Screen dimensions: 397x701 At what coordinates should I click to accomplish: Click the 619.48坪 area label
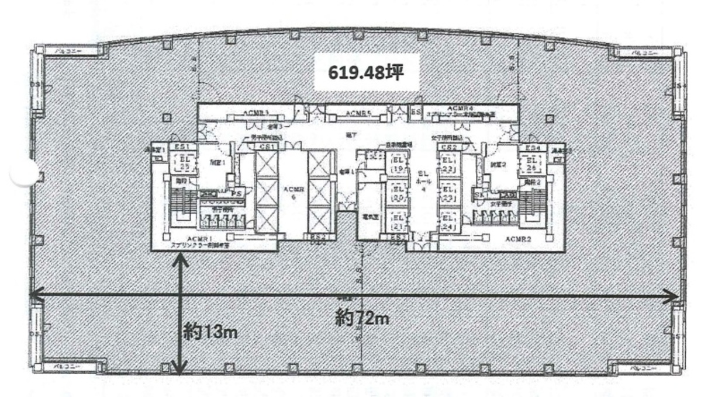(366, 72)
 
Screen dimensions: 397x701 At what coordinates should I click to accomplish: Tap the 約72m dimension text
(362, 319)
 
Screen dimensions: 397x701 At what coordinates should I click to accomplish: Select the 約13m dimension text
(210, 332)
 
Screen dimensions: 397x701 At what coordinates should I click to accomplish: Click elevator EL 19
(397, 164)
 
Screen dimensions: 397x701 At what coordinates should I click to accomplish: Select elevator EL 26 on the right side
(533, 163)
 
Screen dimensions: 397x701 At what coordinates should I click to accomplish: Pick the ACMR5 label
(358, 113)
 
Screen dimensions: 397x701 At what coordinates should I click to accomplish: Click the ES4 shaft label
(532, 148)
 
